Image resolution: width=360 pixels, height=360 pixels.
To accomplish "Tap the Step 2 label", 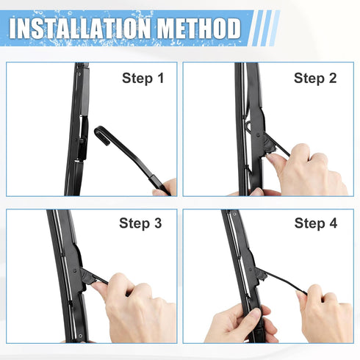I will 315,78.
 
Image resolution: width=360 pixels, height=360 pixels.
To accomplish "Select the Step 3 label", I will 140,223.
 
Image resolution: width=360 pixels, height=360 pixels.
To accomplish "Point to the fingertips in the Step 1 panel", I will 168,187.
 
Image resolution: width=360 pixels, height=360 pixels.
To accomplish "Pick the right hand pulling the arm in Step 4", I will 323,312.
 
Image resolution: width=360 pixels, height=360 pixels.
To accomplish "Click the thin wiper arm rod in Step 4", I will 283,282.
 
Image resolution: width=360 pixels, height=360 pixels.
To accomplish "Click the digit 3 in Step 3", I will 157,223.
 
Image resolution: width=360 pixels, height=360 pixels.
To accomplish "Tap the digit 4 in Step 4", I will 333,223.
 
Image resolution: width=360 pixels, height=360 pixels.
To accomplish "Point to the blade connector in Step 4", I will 256,275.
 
